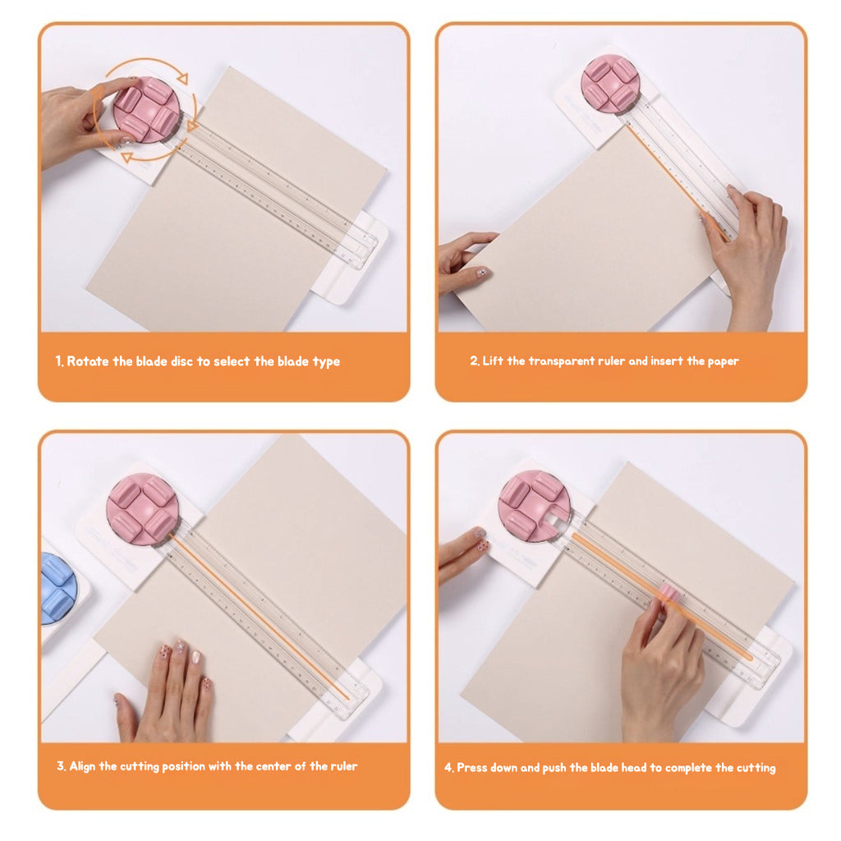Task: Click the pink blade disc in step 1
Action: (146, 110)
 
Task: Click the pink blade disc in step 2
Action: (610, 84)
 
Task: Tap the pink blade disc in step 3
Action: (142, 509)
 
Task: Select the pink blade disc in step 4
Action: (534, 506)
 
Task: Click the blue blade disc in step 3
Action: (57, 586)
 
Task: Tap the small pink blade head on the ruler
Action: (669, 593)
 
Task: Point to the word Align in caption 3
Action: (82, 766)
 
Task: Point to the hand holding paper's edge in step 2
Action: (463, 261)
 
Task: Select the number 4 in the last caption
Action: (448, 768)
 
